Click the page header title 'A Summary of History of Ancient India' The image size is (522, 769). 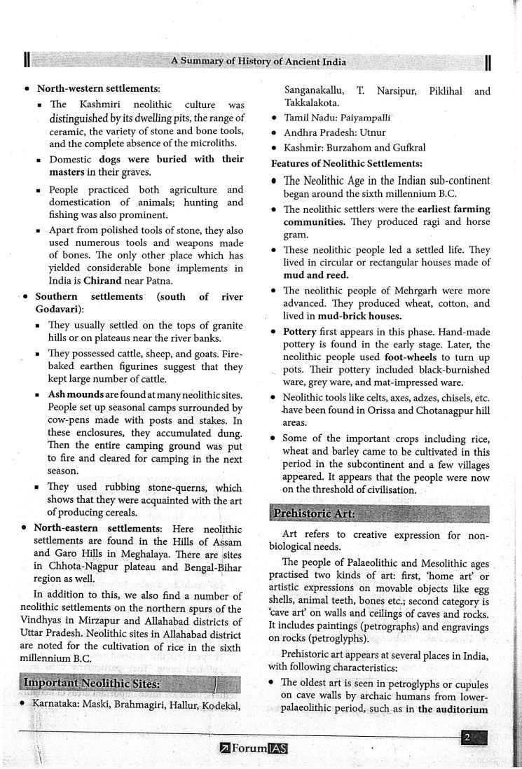pos(259,62)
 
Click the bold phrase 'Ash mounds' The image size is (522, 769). pos(76,395)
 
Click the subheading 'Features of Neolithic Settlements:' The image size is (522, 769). pos(346,162)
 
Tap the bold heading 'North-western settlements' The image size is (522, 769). pos(98,89)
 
